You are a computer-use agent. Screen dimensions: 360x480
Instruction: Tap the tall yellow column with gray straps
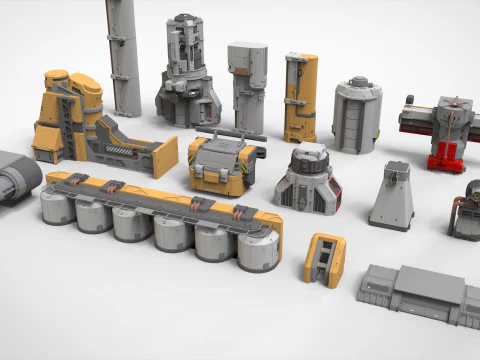(299, 97)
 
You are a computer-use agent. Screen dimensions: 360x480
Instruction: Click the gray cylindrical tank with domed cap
(357, 114)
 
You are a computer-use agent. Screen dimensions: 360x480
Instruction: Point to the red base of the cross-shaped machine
(445, 158)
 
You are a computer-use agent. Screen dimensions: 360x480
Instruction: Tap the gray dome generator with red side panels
(308, 180)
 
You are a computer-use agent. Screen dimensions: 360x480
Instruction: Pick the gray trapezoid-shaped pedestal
(391, 196)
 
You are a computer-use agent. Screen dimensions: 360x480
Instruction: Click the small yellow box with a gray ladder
(324, 260)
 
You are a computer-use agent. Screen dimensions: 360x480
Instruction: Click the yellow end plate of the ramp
(165, 157)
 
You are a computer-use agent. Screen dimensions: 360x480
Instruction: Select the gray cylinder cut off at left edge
(17, 177)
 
